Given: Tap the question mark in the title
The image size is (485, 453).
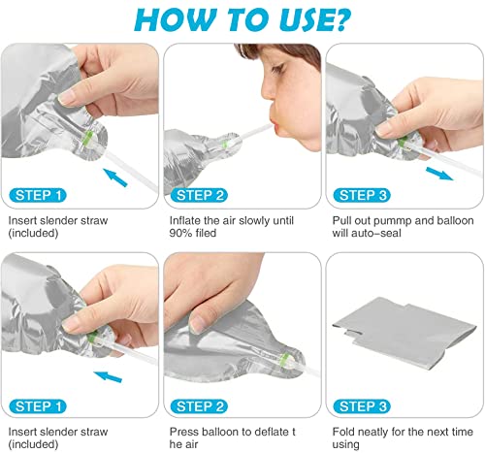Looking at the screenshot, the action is pos(339,19).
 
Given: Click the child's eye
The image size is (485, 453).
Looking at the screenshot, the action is pos(279,68).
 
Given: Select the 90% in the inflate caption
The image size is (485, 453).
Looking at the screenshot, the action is pos(181,233).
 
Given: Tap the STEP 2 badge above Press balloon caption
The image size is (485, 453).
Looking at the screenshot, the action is pos(199,406).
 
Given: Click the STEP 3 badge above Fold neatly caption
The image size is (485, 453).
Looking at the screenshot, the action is pos(362,406).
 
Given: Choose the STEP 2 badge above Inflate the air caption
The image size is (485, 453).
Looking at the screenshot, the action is pos(199,195).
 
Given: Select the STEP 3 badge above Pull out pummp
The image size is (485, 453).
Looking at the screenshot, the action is pos(362,195).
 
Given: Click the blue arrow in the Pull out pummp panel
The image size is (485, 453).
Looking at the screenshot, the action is pos(439,174).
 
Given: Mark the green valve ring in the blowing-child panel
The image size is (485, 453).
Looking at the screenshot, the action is pos(224,145).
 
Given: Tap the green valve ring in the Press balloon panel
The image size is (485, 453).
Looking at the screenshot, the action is pos(283,360).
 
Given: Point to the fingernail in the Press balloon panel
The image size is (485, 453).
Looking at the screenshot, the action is pos(196,325).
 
